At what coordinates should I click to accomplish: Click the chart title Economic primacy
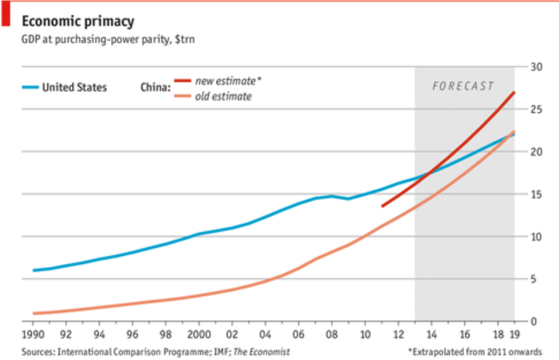click(x=78, y=21)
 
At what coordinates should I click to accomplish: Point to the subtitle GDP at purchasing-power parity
click(x=108, y=39)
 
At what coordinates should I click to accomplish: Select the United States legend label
click(x=74, y=87)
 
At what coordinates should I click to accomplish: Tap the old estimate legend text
click(x=223, y=97)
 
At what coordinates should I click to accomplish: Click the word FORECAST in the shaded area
click(x=463, y=86)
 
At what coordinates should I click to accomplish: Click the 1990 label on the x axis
click(x=33, y=334)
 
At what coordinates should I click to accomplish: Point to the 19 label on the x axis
click(x=514, y=334)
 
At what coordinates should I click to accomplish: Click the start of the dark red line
click(x=382, y=206)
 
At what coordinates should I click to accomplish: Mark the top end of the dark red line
click(x=514, y=92)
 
